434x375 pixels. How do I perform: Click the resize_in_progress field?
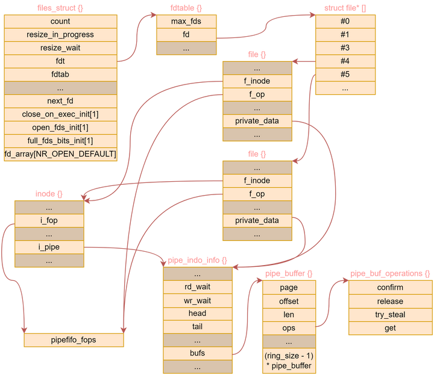pyautogui.click(x=60, y=34)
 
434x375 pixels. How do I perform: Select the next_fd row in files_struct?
pyautogui.click(x=60, y=101)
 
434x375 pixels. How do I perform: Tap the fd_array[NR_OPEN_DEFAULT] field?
pyautogui.click(x=60, y=154)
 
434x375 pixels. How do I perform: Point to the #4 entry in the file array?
pyautogui.click(x=345, y=61)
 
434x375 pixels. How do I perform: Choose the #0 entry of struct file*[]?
pyautogui.click(x=345, y=21)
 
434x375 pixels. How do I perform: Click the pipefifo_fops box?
pyautogui.click(x=74, y=340)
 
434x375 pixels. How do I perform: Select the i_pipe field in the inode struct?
pyautogui.click(x=48, y=247)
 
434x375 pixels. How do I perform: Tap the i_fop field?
pyautogui.click(x=48, y=220)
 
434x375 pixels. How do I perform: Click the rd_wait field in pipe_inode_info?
pyautogui.click(x=197, y=287)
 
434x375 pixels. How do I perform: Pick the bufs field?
pyautogui.click(x=197, y=353)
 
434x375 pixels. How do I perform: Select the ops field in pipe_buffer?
pyautogui.click(x=289, y=328)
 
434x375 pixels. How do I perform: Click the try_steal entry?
pyautogui.click(x=390, y=315)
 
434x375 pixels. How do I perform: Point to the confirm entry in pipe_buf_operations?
pyautogui.click(x=390, y=287)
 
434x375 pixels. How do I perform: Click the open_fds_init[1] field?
pyautogui.click(x=60, y=127)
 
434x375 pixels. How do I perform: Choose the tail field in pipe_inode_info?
pyautogui.click(x=197, y=327)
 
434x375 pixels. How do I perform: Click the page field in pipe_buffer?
pyautogui.click(x=289, y=287)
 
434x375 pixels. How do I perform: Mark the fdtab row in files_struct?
pyautogui.click(x=60, y=74)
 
